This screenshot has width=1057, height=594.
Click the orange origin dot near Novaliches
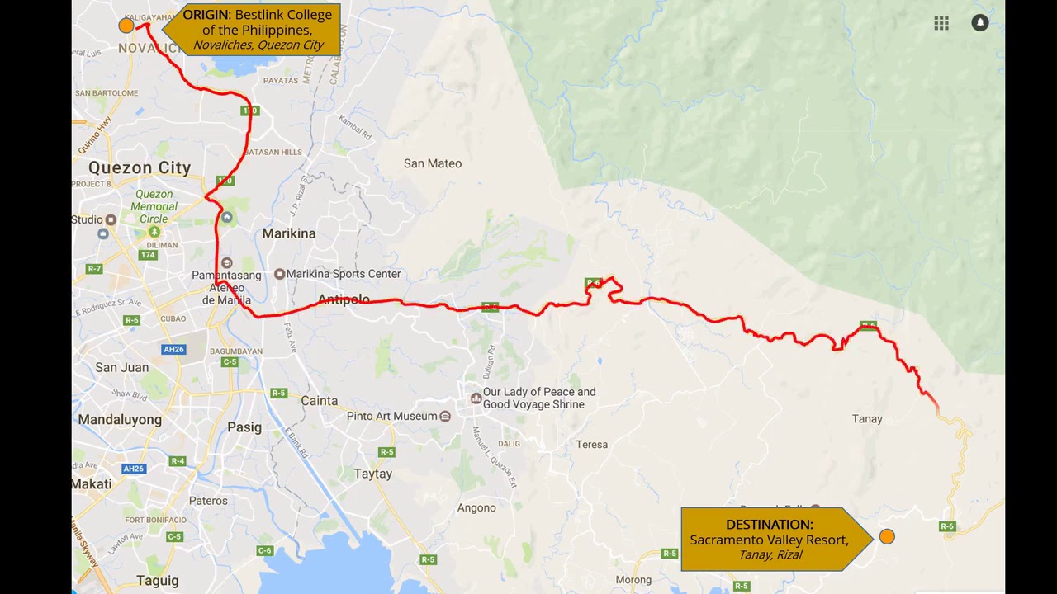click(x=126, y=26)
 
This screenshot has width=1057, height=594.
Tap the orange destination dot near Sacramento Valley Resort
click(x=887, y=536)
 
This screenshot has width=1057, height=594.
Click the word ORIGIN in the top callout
click(x=206, y=15)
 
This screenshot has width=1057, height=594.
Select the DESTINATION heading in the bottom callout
click(x=769, y=525)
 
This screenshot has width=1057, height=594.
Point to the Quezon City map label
click(x=140, y=167)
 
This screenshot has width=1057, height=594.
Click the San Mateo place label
click(x=432, y=163)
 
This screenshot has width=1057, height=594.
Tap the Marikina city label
click(x=288, y=233)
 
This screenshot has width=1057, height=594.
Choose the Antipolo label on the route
click(x=344, y=299)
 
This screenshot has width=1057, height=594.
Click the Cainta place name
click(x=319, y=401)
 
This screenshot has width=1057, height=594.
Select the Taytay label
click(x=372, y=474)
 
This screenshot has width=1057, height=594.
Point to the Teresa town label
click(x=591, y=445)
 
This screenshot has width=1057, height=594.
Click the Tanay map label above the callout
click(x=866, y=419)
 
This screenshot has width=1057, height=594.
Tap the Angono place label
click(x=476, y=508)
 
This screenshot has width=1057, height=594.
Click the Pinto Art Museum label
click(x=392, y=417)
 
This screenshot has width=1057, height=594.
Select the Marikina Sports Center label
click(x=343, y=274)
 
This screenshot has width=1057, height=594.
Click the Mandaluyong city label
click(x=120, y=420)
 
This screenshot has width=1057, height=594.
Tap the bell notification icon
click(x=979, y=23)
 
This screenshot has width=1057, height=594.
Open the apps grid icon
click(x=941, y=23)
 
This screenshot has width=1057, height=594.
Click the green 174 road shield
click(x=148, y=255)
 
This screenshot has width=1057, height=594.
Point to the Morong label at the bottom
click(x=633, y=580)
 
